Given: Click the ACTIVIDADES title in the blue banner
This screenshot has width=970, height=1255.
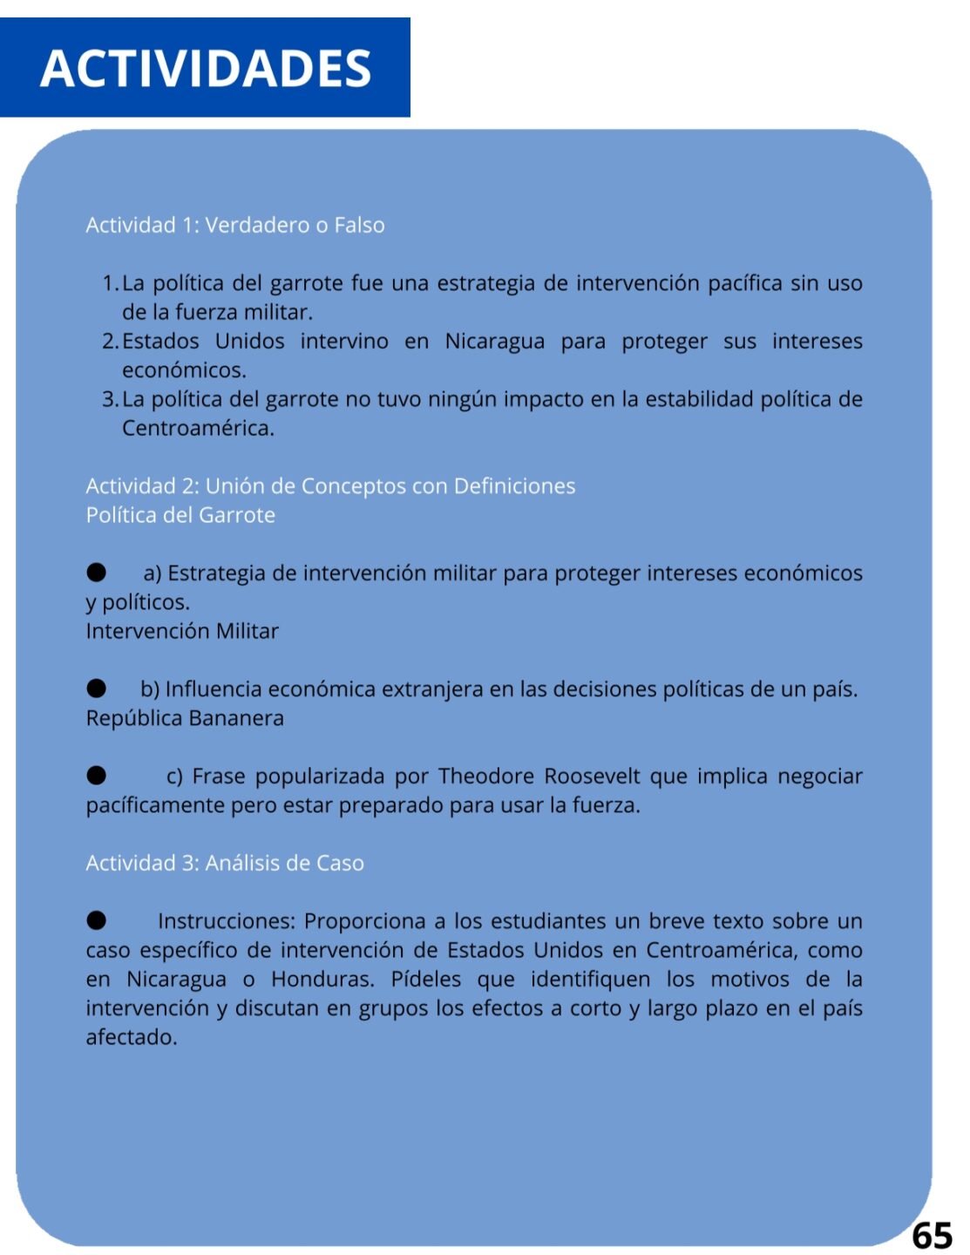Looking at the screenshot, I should coord(206,68).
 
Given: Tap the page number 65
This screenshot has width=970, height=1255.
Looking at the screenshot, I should coord(932,1235).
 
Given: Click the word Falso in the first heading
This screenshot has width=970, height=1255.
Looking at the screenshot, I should coord(359,225).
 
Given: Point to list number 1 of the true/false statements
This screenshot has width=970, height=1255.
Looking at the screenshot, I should coord(110,283).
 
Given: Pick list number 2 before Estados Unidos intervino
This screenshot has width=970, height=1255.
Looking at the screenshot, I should coord(110,341).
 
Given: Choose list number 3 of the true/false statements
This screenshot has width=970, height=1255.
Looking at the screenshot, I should coord(110,399).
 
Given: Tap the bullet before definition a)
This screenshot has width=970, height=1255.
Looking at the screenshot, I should coord(96,572).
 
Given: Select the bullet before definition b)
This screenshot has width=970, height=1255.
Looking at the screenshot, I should coord(96,689).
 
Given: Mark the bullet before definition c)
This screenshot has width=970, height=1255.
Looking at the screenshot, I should coord(96,775).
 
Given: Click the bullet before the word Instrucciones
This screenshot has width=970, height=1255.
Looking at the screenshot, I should coord(96,920).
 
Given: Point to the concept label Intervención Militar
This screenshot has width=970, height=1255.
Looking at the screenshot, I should coord(182,631).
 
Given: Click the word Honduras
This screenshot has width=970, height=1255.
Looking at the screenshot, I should coord(322,979).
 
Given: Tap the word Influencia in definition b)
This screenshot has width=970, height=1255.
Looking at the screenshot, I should coord(214,689).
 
